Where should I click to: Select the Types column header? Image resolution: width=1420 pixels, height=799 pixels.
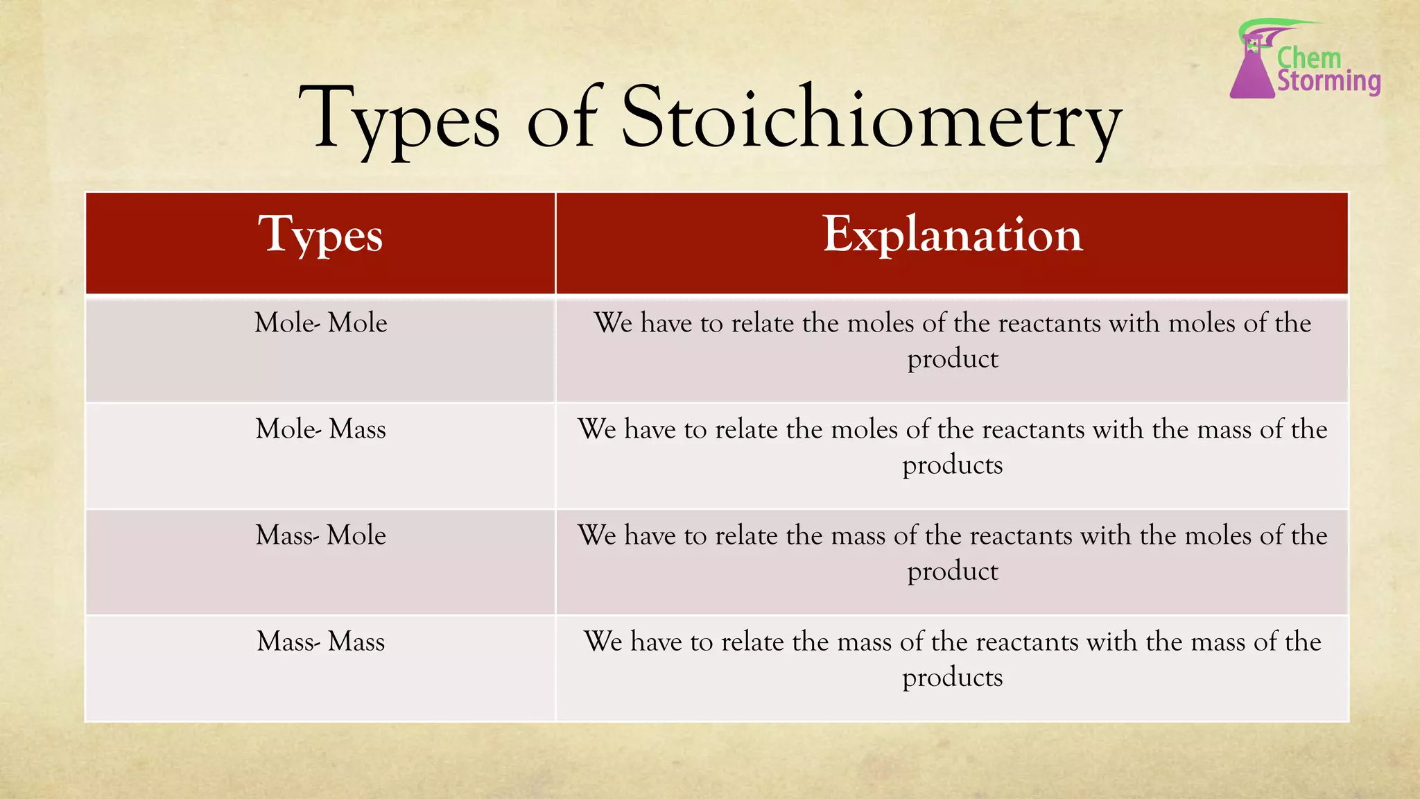coord(320,235)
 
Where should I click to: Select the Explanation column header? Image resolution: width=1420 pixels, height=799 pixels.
coord(952,235)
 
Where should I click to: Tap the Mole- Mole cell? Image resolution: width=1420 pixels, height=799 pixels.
coord(320,323)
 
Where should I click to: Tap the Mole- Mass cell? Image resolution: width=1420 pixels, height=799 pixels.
coord(320,429)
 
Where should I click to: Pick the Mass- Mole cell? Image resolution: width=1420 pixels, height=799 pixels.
coord(320,535)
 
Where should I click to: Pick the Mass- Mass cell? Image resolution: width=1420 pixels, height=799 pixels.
coord(320,642)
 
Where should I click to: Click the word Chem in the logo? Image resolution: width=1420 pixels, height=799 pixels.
coord(1309,58)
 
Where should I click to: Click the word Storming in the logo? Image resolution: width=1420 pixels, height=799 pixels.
coord(1328,81)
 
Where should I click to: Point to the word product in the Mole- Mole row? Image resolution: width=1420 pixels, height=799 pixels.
coord(952,360)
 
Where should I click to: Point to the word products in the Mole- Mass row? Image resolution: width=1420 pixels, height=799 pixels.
coord(952,466)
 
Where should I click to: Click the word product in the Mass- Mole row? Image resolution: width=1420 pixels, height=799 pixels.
coord(952,572)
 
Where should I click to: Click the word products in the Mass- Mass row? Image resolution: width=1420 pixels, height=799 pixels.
coord(952,678)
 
